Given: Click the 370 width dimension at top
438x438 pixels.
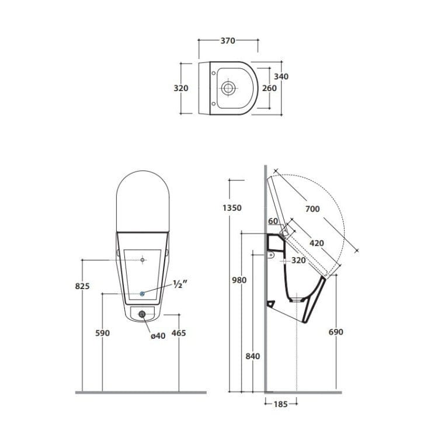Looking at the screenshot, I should click(228, 41).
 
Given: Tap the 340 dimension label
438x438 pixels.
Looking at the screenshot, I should click(281, 77).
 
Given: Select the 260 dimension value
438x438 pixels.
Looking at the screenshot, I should click(269, 88).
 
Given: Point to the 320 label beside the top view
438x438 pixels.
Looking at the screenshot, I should click(181, 88).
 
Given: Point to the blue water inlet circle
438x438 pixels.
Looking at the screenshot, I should click(142, 293).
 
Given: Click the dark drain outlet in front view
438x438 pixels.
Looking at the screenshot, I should click(142, 314).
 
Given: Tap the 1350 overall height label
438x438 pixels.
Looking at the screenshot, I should click(232, 207).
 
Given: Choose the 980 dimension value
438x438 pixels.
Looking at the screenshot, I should click(239, 280).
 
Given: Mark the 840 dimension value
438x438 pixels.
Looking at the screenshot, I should click(252, 356).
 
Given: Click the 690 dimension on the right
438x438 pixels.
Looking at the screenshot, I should click(336, 332).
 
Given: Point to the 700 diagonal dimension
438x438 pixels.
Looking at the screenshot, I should click(312, 208).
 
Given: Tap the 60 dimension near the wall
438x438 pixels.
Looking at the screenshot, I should click(273, 221).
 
